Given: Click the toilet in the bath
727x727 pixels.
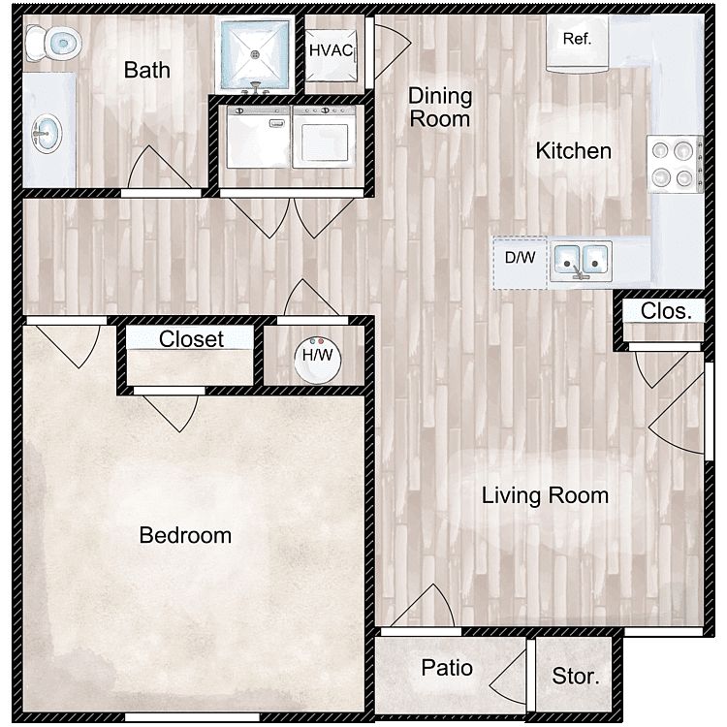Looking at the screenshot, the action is (x=53, y=43).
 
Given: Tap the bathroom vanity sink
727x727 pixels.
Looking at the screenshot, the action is (x=47, y=134).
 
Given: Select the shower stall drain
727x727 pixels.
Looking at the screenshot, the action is (x=255, y=54).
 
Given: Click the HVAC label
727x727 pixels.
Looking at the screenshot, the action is (x=332, y=50).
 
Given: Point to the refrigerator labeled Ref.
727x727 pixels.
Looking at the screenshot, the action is (x=578, y=43).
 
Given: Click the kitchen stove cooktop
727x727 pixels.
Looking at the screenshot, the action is (x=675, y=164).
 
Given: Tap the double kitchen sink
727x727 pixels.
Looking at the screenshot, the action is (x=581, y=261).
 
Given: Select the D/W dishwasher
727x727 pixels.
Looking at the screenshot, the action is (x=521, y=263).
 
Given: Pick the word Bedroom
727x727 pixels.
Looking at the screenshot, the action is (x=185, y=535).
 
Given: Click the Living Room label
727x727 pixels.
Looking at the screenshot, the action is (x=545, y=495).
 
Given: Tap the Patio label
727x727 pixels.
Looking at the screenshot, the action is (x=447, y=668).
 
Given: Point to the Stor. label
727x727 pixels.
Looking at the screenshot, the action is (x=576, y=677).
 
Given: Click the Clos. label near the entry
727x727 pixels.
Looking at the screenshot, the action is (x=666, y=311).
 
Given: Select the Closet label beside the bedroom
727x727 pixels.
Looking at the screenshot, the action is (x=191, y=339).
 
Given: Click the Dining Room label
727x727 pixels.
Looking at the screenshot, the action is (x=440, y=108).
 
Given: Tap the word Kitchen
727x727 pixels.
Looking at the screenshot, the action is (x=574, y=151).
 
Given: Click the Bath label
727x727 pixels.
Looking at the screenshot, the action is (x=147, y=70).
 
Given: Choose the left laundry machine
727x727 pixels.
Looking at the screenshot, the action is (x=258, y=137).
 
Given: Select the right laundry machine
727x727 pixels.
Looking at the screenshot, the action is (x=325, y=137).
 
